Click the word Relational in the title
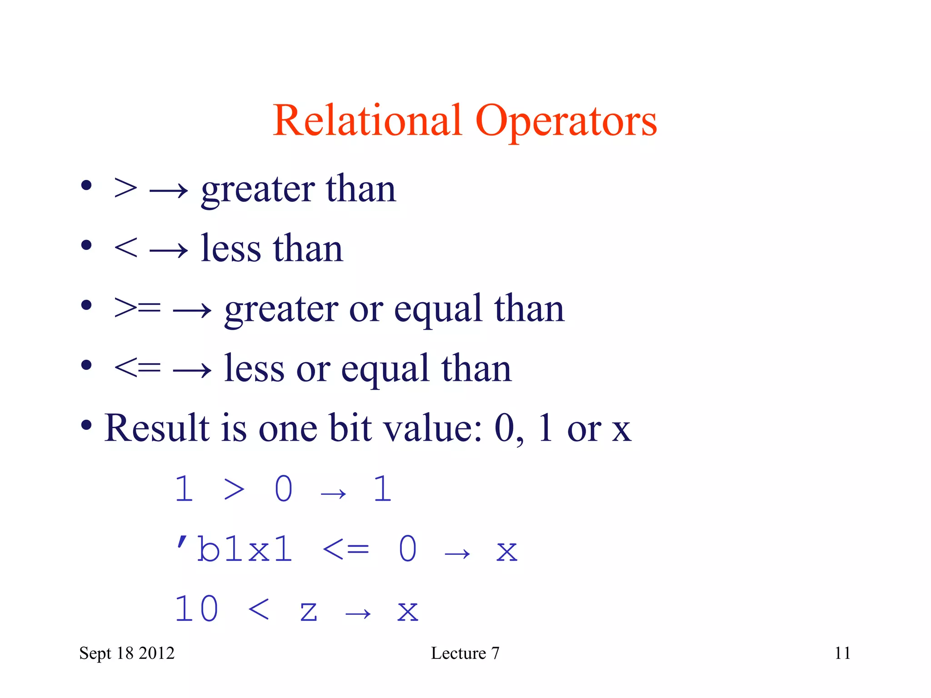(x=367, y=120)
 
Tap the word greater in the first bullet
(x=257, y=190)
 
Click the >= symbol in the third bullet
(x=137, y=308)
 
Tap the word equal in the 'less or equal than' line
(x=385, y=369)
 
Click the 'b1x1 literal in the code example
(x=234, y=548)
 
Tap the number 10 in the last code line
(x=196, y=609)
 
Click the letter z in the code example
(x=308, y=611)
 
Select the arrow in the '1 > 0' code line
(x=333, y=494)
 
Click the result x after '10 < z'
(x=407, y=611)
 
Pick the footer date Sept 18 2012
(x=127, y=653)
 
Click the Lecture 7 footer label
(x=465, y=653)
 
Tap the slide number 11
(x=842, y=653)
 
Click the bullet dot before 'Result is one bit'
(x=86, y=426)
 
